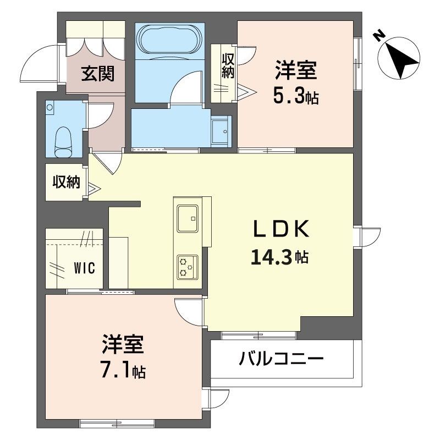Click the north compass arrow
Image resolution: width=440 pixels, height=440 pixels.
click(x=400, y=56)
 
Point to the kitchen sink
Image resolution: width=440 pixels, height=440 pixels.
click(x=188, y=219)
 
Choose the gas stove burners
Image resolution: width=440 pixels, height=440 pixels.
click(x=186, y=267)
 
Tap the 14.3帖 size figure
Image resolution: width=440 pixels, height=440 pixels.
click(x=278, y=256)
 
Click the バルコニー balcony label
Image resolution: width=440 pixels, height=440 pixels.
click(x=281, y=360)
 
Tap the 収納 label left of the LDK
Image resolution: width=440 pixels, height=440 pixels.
click(x=67, y=182)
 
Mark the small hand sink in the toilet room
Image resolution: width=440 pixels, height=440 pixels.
click(x=51, y=107)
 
